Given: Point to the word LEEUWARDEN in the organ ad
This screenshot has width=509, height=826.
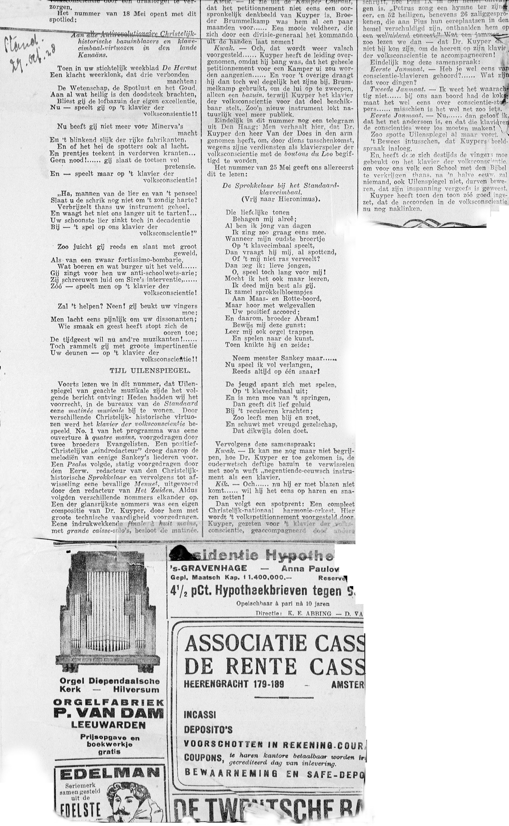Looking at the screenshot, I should [108, 725].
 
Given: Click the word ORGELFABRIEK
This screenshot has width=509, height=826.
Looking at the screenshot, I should [108, 702].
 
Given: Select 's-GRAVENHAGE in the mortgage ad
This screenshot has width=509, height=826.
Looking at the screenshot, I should [209, 568].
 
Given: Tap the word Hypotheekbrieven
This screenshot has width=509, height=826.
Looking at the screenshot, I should [261, 590].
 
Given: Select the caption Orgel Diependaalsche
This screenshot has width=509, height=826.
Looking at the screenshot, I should [109, 681].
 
